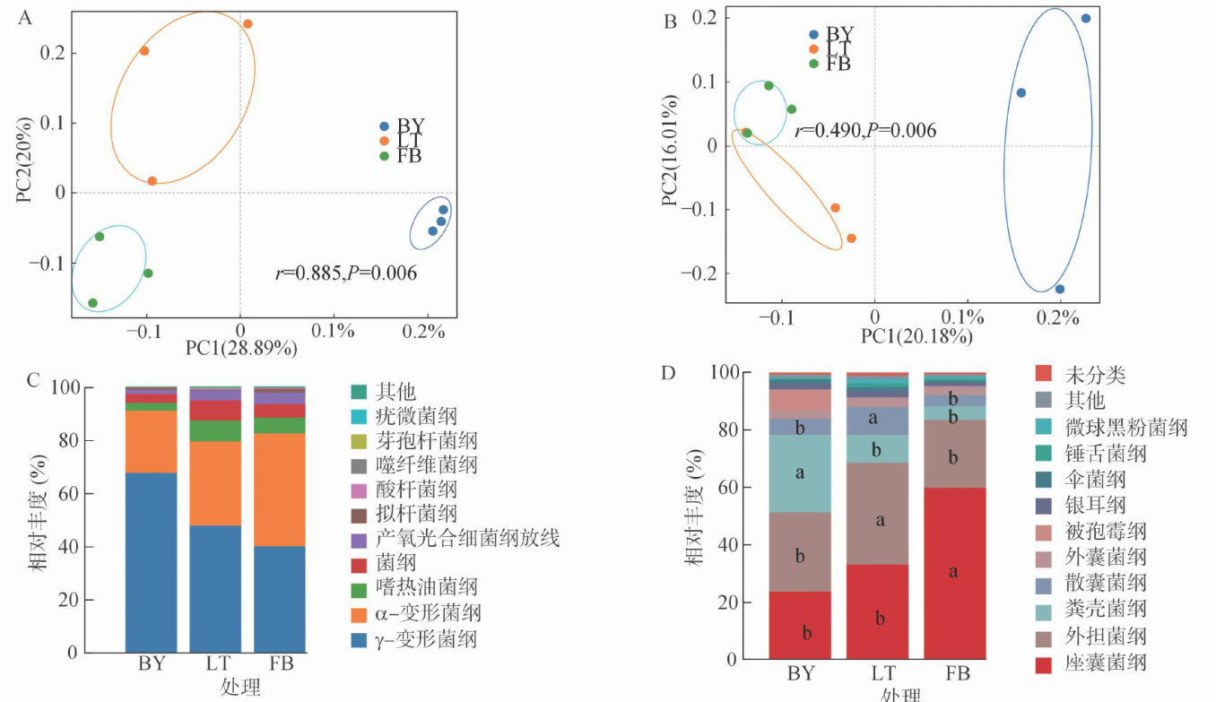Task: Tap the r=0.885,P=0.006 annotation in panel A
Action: pyautogui.click(x=346, y=273)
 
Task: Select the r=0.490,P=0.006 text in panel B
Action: pyautogui.click(x=864, y=131)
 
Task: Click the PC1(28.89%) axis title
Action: pyautogui.click(x=241, y=347)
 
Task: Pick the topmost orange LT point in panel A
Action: pyautogui.click(x=248, y=24)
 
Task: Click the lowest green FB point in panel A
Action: pyautogui.click(x=92, y=303)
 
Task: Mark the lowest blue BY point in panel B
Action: pyautogui.click(x=1060, y=289)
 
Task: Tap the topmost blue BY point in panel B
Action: pyautogui.click(x=1086, y=18)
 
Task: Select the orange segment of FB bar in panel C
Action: pyautogui.click(x=280, y=490)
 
